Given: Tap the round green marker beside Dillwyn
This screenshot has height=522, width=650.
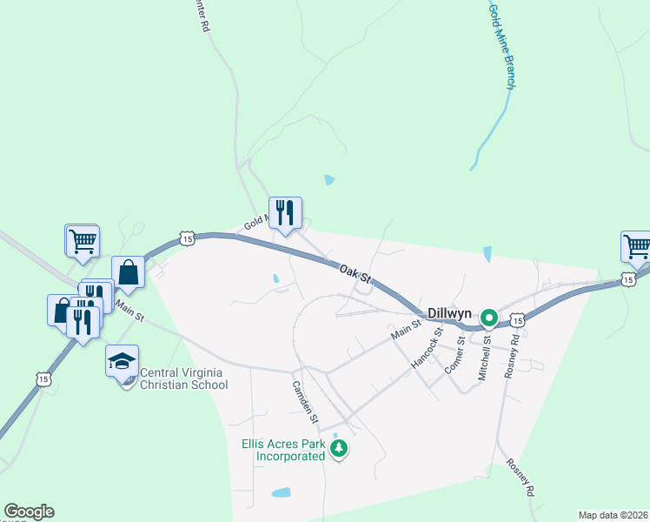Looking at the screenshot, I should click(488, 318).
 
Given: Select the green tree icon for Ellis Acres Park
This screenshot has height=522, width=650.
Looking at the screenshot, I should click(340, 449).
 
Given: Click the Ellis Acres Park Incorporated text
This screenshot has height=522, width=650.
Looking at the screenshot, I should click(283, 450).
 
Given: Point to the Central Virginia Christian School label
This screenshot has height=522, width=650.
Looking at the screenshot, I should click(182, 378).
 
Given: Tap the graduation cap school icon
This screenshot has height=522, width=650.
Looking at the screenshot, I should click(122, 359).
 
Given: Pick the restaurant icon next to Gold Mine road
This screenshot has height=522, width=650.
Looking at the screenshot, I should click(285, 211).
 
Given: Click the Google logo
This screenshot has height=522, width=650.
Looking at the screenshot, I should click(29, 512).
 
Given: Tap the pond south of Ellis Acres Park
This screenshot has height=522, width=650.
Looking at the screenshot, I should click(280, 492).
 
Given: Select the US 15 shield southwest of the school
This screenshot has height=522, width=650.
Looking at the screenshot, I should click(43, 378).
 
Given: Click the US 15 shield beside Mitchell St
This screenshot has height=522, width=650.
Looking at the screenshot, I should click(517, 321).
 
